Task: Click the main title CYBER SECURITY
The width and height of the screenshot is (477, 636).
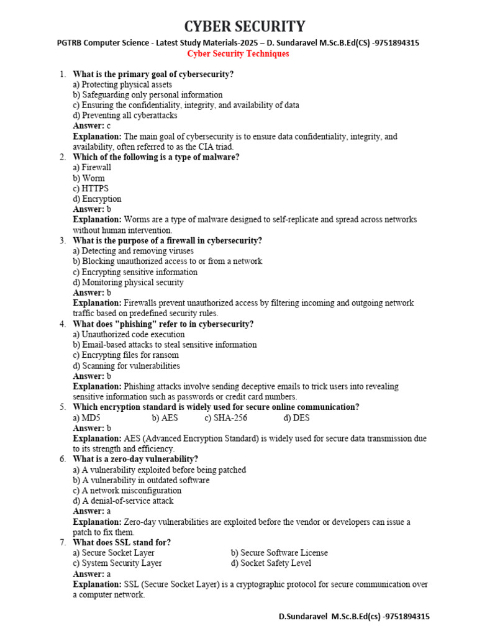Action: tap(244, 27)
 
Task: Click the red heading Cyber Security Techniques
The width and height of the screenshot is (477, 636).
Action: tap(238, 54)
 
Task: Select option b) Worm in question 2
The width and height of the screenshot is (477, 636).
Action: tap(89, 178)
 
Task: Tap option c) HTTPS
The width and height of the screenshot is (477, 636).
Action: tap(91, 189)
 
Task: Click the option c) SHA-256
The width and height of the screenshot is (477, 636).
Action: tap(221, 418)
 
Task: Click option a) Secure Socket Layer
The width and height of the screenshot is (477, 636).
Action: tap(114, 553)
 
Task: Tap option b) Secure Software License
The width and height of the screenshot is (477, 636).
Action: tap(279, 553)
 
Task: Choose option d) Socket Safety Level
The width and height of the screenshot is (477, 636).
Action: tap(271, 563)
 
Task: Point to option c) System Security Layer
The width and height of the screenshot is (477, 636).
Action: tap(117, 563)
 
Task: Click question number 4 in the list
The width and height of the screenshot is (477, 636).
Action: tap(63, 324)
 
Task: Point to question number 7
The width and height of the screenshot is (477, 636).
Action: tap(63, 543)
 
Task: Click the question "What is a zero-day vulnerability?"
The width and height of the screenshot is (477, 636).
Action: tap(135, 460)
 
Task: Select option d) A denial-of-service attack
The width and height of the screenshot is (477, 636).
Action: tap(123, 501)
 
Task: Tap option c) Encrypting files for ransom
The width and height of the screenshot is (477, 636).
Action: tap(125, 355)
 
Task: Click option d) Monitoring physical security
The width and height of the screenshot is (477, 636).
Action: tap(128, 283)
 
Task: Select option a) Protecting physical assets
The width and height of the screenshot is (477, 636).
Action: tap(122, 84)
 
